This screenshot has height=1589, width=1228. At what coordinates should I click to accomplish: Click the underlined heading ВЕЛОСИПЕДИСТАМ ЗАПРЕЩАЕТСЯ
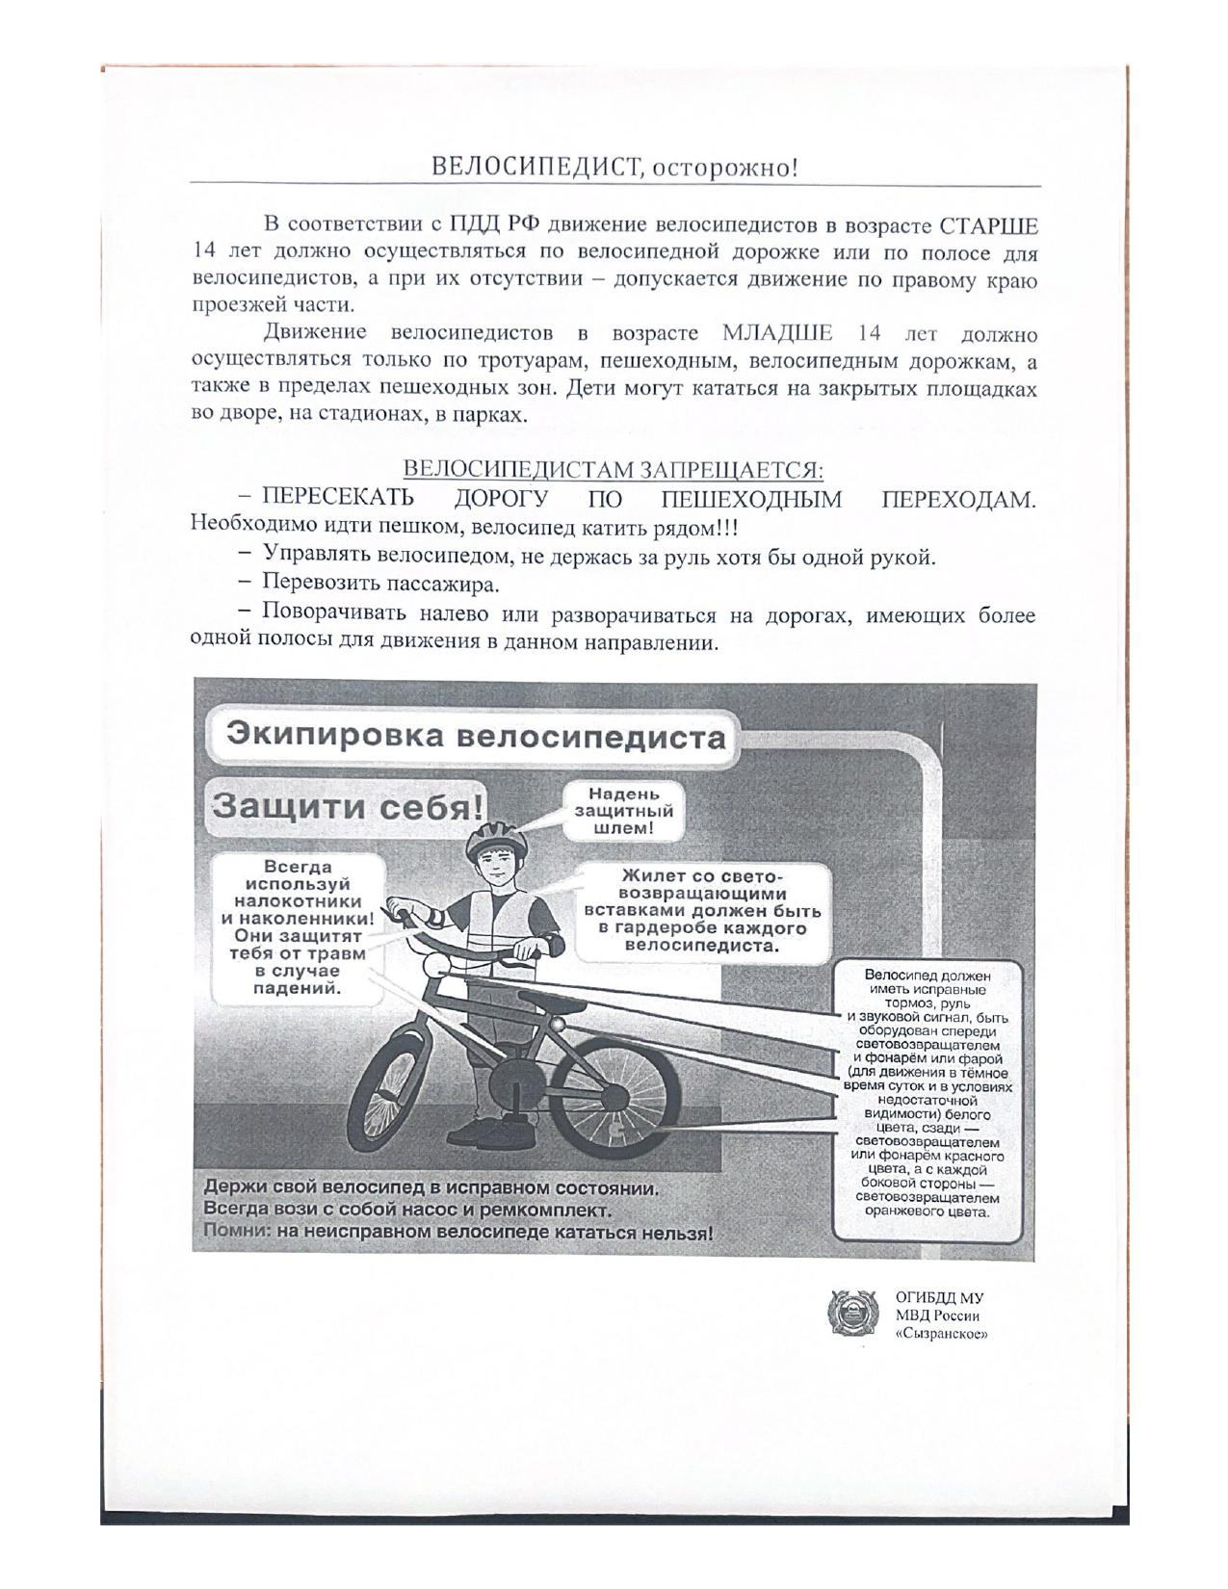613,470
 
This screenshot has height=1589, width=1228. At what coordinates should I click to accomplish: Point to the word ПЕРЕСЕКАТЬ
338,499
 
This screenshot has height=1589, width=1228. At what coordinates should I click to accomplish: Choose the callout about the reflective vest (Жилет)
702,910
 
